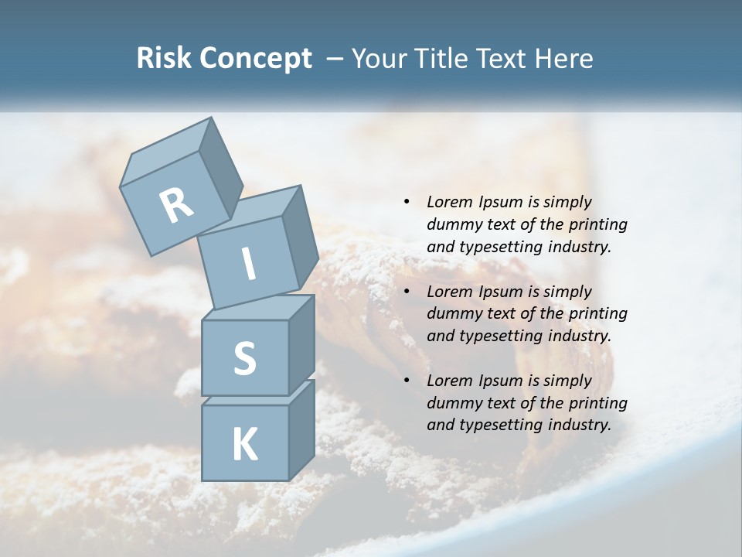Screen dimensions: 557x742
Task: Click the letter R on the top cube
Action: point(176,205)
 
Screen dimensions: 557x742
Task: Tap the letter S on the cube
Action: point(244,359)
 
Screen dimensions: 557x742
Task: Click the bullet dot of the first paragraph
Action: point(407,203)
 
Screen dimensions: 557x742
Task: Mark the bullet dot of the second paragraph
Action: point(407,292)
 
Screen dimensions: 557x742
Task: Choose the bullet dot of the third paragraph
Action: point(407,381)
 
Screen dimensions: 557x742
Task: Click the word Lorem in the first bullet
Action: point(448,203)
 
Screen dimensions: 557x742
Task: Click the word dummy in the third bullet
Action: point(452,403)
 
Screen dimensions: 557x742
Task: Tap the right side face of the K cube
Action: point(301,430)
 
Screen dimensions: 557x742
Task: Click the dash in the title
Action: point(335,60)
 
